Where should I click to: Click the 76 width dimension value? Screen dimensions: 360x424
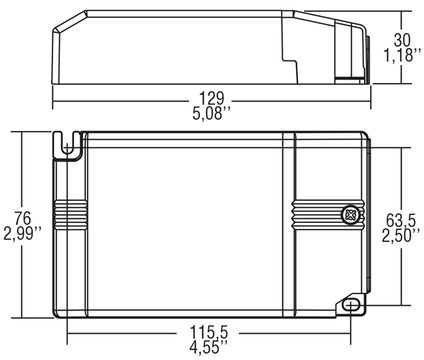pyautogui.click(x=22, y=219)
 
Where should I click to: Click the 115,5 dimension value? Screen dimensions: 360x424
pyautogui.click(x=211, y=332)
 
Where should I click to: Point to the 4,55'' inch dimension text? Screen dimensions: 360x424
pyautogui.click(x=211, y=347)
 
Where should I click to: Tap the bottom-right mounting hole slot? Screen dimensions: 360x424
pyautogui.click(x=351, y=304)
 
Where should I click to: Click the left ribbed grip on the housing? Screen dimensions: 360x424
pyautogui.click(x=69, y=214)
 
